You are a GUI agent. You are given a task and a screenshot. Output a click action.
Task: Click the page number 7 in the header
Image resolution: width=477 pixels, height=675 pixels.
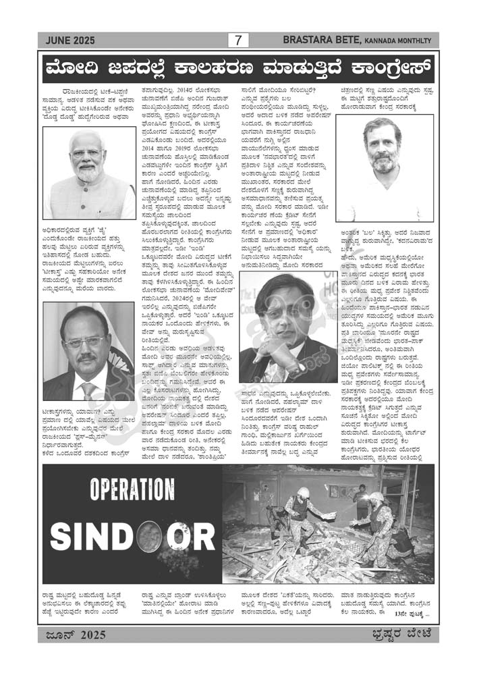[x=237, y=40]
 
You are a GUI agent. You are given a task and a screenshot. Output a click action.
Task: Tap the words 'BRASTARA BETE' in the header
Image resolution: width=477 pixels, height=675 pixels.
[x=322, y=40]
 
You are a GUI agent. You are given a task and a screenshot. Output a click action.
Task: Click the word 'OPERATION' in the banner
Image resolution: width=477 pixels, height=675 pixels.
[x=132, y=490]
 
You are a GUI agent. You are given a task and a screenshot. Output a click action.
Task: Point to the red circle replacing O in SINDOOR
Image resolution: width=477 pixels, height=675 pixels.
[x=148, y=536]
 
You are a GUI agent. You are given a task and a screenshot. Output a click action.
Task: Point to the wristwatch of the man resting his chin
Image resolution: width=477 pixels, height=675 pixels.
[x=294, y=370]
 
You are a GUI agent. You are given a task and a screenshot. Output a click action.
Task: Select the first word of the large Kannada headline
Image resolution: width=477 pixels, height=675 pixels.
[x=76, y=70]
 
